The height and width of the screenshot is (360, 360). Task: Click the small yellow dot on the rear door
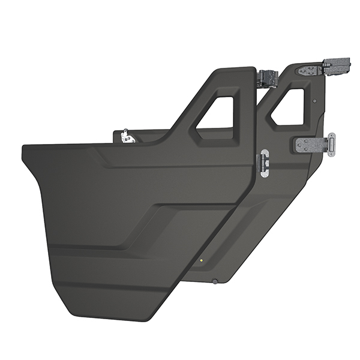click(202, 260)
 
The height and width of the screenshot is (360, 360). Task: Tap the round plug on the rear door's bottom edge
click(214, 281)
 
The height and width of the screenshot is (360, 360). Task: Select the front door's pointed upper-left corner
click(24, 147)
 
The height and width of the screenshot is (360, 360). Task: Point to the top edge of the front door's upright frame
click(234, 70)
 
